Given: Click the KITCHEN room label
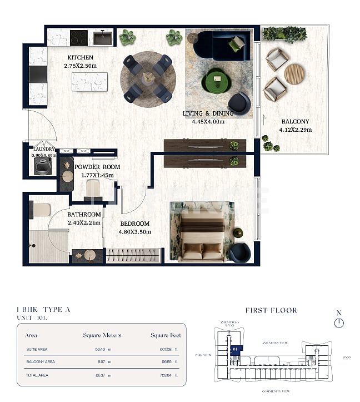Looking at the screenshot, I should point(80,57).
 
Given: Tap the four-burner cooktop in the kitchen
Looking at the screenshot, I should point(78,38).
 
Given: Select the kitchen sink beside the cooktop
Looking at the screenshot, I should point(102,38).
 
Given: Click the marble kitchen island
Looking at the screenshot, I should point(89,82).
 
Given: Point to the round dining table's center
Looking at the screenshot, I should point(148,78).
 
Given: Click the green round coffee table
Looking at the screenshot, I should point(218,80).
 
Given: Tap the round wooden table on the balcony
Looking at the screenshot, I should point(294,73).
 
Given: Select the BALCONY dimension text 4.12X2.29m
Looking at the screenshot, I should point(296,130).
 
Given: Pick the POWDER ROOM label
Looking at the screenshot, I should point(97,167).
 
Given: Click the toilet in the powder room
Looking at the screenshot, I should point(94,191).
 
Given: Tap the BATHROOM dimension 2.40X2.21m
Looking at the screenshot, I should point(84,223).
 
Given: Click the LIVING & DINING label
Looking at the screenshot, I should point(203,114).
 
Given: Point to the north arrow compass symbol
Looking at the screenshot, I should point(339,322).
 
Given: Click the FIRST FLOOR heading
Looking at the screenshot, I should point(271,310).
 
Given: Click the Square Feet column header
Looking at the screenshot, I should point(166,335).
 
